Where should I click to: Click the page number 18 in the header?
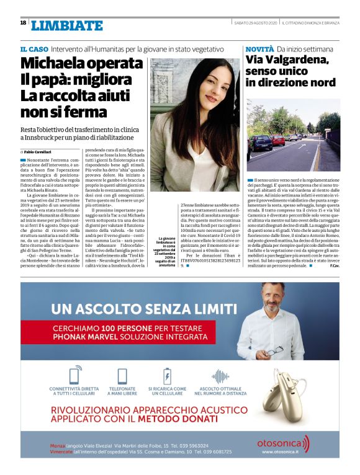click(23, 22)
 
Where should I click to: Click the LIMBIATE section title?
click(66, 25)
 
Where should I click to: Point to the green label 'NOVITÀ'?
click(259, 48)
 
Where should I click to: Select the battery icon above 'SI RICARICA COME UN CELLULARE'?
click(167, 376)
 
